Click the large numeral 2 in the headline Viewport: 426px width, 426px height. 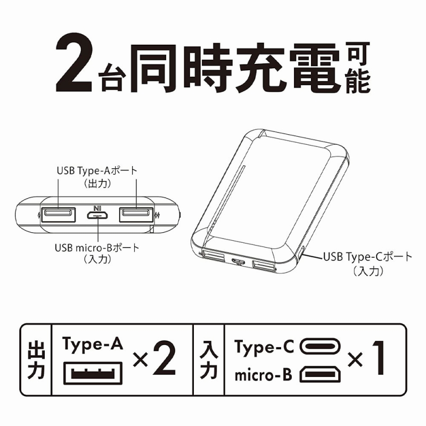pyautogui.click(x=74, y=67)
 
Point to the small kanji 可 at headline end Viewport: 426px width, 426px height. pyautogui.click(x=358, y=54)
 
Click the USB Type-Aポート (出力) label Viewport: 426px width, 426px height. pyautogui.click(x=97, y=177)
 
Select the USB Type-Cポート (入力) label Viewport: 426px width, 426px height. pyautogui.click(x=368, y=264)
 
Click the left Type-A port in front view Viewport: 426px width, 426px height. pyautogui.click(x=59, y=215)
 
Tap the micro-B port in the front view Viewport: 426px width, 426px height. pyautogui.click(x=97, y=216)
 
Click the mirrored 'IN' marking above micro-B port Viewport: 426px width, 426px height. pyautogui.click(x=97, y=209)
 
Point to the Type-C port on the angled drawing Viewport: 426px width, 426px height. pyautogui.click(x=301, y=252)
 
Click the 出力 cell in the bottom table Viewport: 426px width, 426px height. pyautogui.click(x=36, y=359)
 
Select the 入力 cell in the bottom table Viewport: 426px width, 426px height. pyautogui.click(x=209, y=359)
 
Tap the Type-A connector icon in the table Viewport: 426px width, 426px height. pyautogui.click(x=93, y=373)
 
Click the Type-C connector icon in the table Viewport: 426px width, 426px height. pyautogui.click(x=320, y=347)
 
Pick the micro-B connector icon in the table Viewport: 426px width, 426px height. pyautogui.click(x=320, y=374)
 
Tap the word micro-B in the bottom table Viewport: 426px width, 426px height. pyautogui.click(x=263, y=375)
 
